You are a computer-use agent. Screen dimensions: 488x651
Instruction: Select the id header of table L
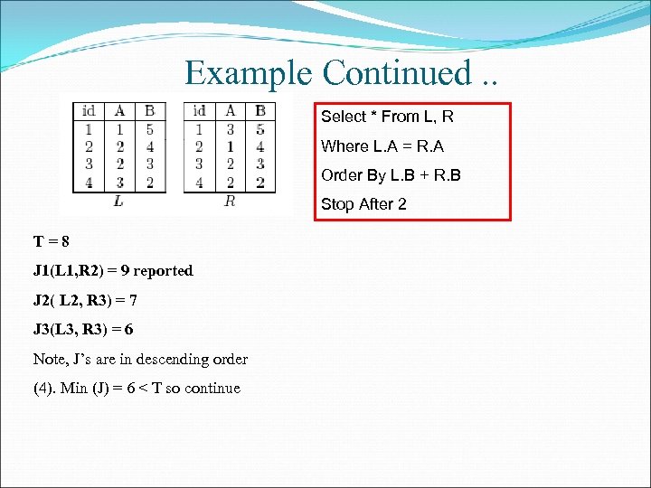point(89,111)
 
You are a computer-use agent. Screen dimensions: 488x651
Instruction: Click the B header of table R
point(260,111)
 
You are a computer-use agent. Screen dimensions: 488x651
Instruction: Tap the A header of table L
point(119,111)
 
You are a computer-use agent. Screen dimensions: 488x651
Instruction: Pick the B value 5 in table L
point(149,129)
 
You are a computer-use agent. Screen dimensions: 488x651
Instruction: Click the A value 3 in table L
point(119,182)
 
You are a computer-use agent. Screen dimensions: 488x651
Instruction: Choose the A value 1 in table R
point(231,146)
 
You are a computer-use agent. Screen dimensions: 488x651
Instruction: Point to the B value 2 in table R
point(260,182)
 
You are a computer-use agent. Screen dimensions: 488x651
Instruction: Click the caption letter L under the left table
point(118,201)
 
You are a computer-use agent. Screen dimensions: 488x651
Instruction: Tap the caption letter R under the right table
point(230,201)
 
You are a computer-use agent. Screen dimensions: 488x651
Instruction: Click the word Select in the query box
point(344,117)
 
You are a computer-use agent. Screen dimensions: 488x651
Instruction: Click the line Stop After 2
point(363,204)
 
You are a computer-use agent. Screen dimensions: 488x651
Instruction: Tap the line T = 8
point(52,241)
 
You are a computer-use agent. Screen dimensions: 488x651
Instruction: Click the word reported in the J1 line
point(164,270)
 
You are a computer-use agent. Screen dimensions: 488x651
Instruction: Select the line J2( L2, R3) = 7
point(85,300)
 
